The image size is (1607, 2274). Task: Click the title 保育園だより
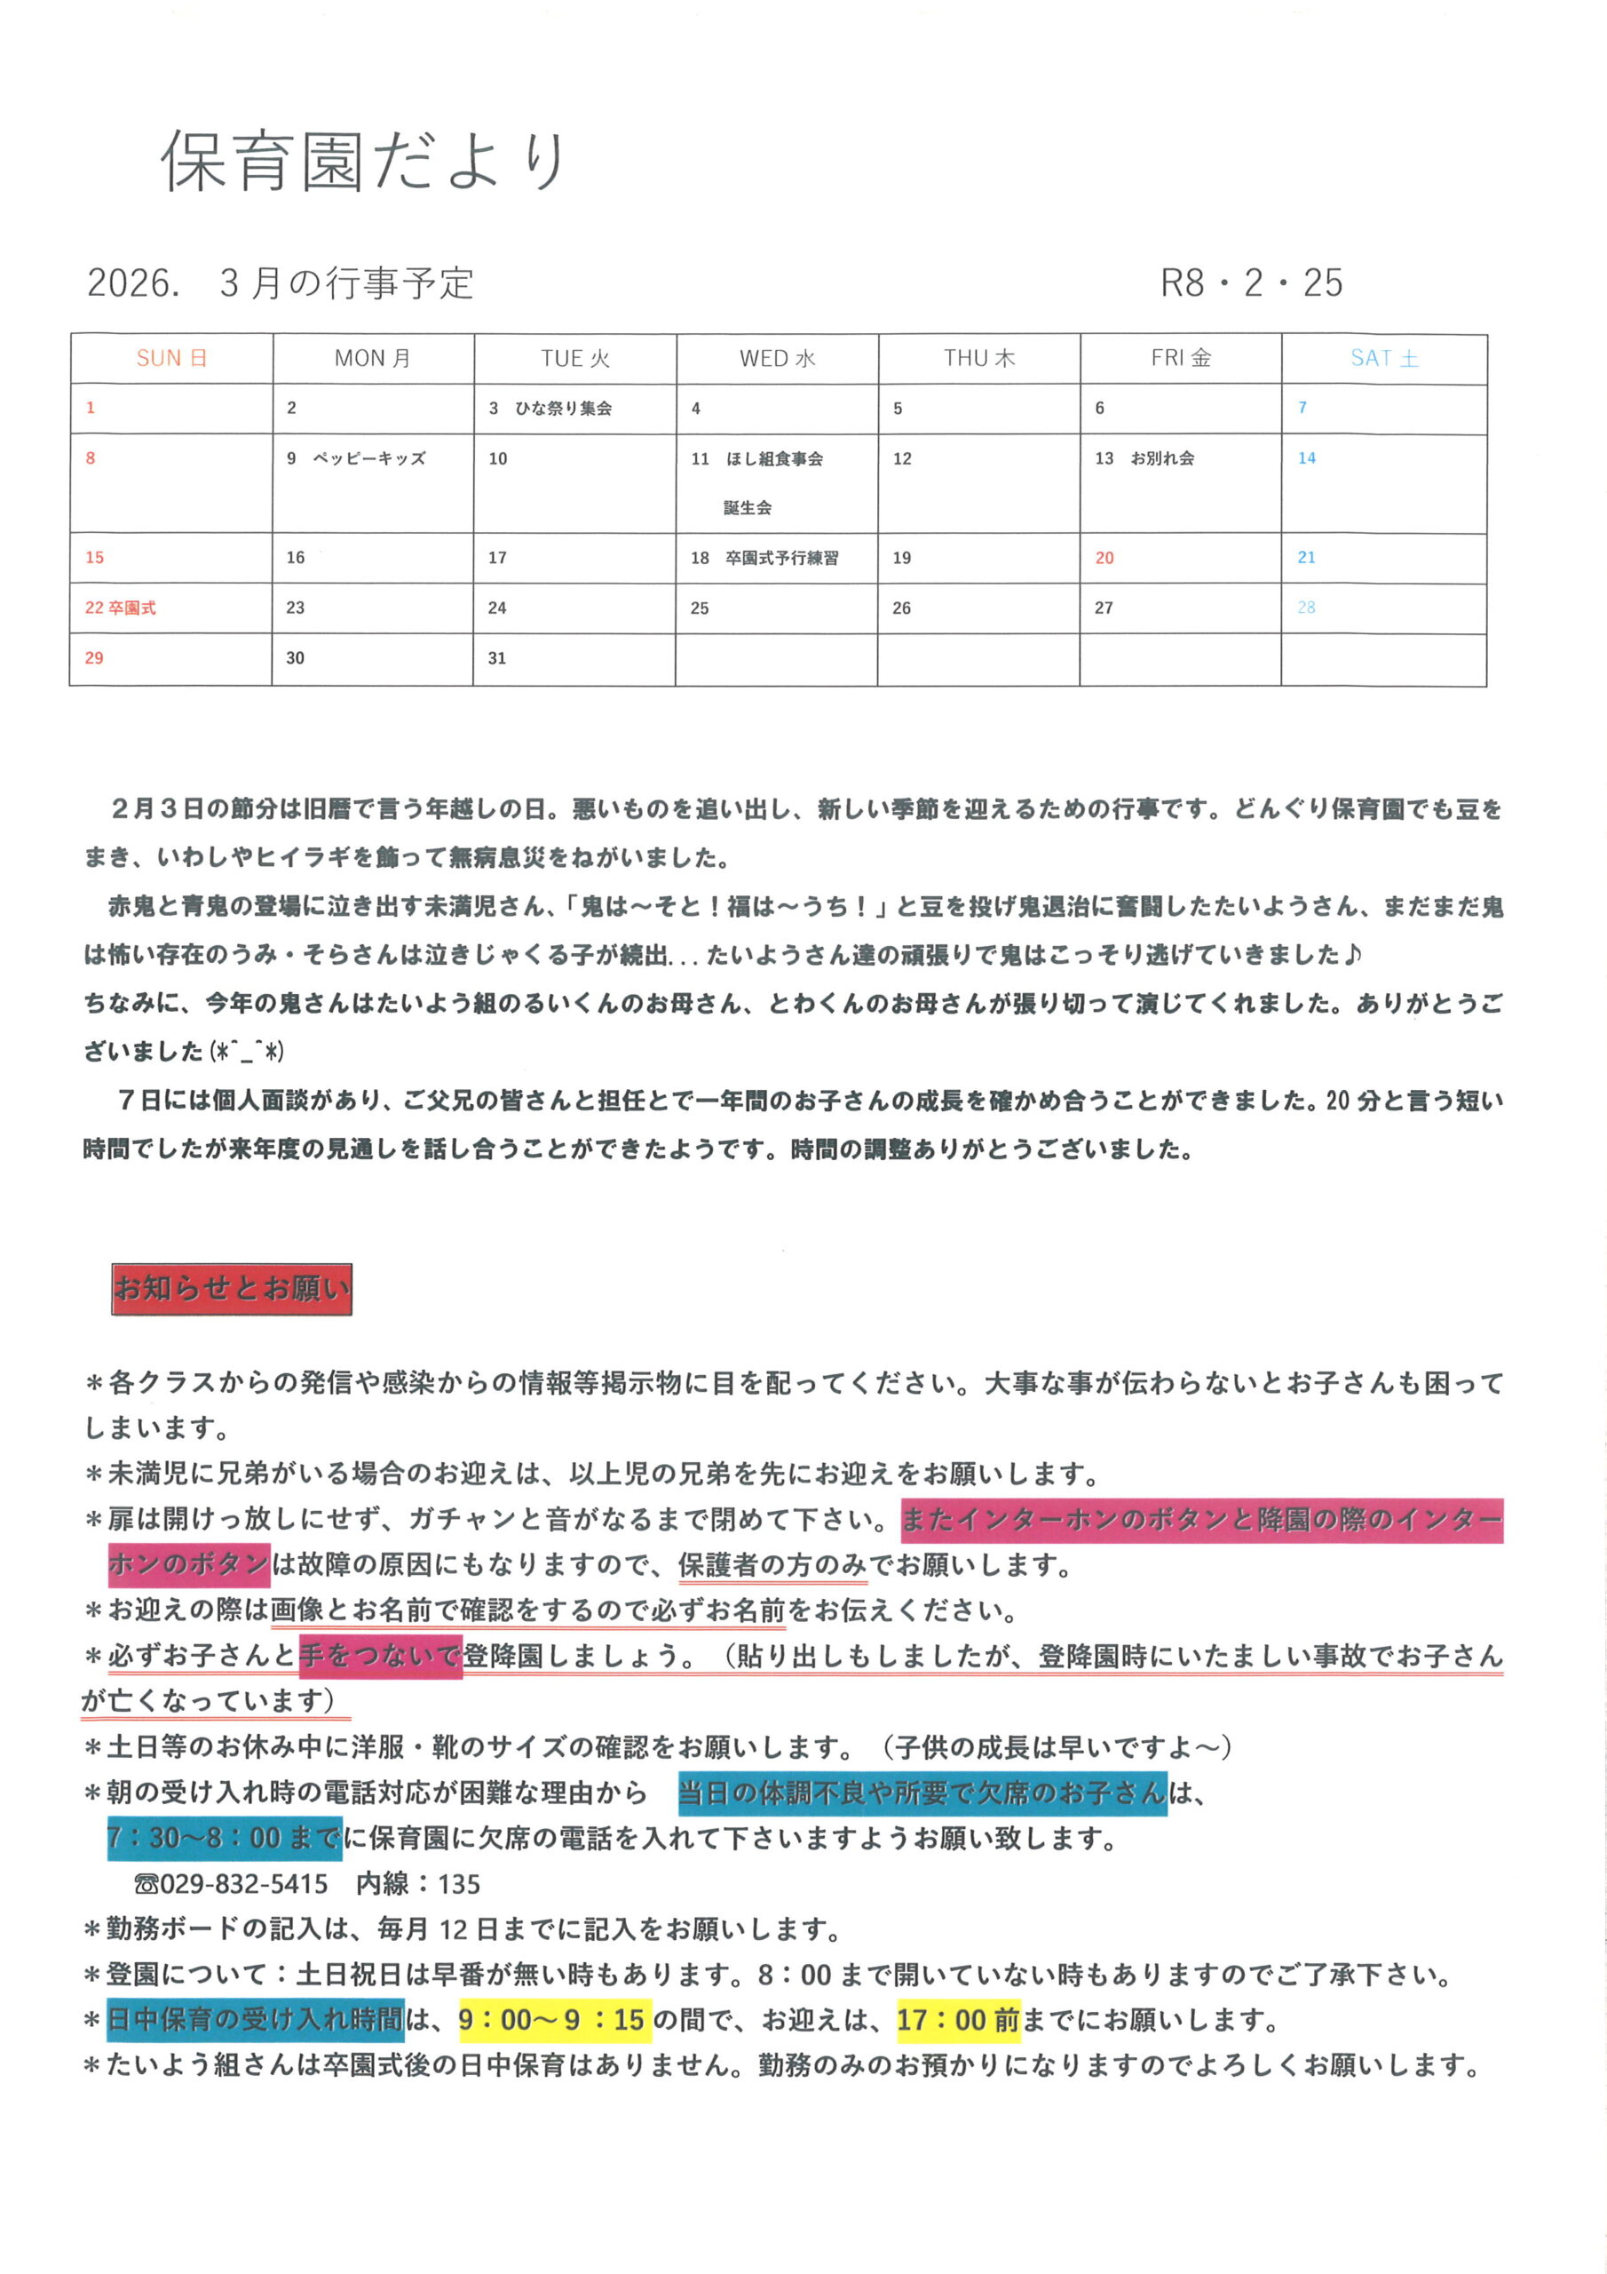click(362, 161)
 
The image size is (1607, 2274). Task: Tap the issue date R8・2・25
click(1251, 283)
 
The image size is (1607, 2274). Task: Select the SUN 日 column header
click(171, 359)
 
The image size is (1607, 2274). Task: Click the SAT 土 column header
click(1383, 359)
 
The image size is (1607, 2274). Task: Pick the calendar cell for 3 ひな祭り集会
click(550, 408)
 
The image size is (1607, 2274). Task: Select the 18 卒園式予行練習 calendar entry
click(764, 558)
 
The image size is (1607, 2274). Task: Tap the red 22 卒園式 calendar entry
click(120, 608)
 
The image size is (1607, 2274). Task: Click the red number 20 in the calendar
click(1104, 559)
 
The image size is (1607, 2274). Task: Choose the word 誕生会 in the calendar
click(748, 508)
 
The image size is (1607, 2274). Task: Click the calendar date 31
click(497, 658)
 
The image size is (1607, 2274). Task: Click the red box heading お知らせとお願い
click(232, 1289)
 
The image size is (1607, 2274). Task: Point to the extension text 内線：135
click(418, 1884)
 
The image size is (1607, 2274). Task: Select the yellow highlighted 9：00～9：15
click(553, 2019)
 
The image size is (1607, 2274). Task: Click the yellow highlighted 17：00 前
click(957, 2019)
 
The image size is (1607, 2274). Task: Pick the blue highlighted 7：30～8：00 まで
click(225, 1838)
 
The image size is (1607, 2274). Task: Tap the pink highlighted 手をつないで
click(380, 1656)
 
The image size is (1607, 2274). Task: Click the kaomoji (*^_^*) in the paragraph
click(248, 1052)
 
